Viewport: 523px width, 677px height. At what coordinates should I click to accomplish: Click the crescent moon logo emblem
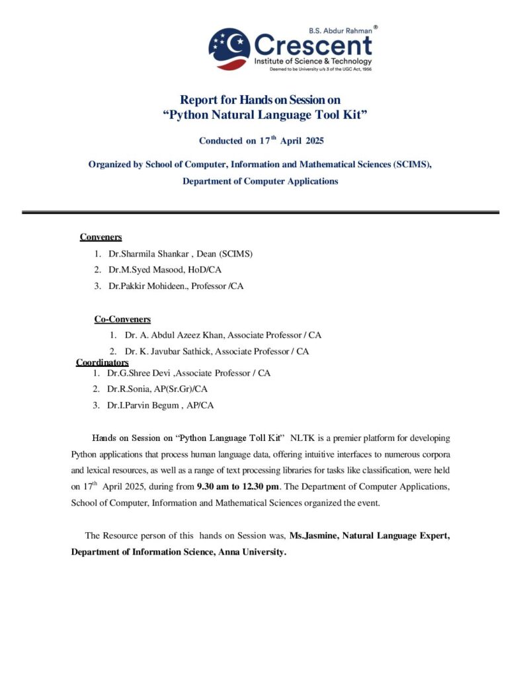click(x=229, y=50)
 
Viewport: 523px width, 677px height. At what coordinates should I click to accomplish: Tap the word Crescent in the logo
click(x=312, y=46)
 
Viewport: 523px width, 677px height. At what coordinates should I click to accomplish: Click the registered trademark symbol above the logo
click(x=376, y=28)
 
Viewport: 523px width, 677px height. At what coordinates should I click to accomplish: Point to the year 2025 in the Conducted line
click(x=310, y=141)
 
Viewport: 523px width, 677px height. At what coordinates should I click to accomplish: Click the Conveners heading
click(x=101, y=237)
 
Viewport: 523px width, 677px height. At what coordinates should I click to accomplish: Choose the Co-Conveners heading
click(x=122, y=319)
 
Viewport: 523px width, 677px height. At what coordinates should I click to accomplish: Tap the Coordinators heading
click(x=102, y=362)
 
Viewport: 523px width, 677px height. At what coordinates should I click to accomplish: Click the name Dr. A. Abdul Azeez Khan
click(x=174, y=335)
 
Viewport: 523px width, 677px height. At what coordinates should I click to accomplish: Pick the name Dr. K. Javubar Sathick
click(x=169, y=352)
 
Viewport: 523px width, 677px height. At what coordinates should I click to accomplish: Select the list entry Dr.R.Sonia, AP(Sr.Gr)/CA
click(x=157, y=389)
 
